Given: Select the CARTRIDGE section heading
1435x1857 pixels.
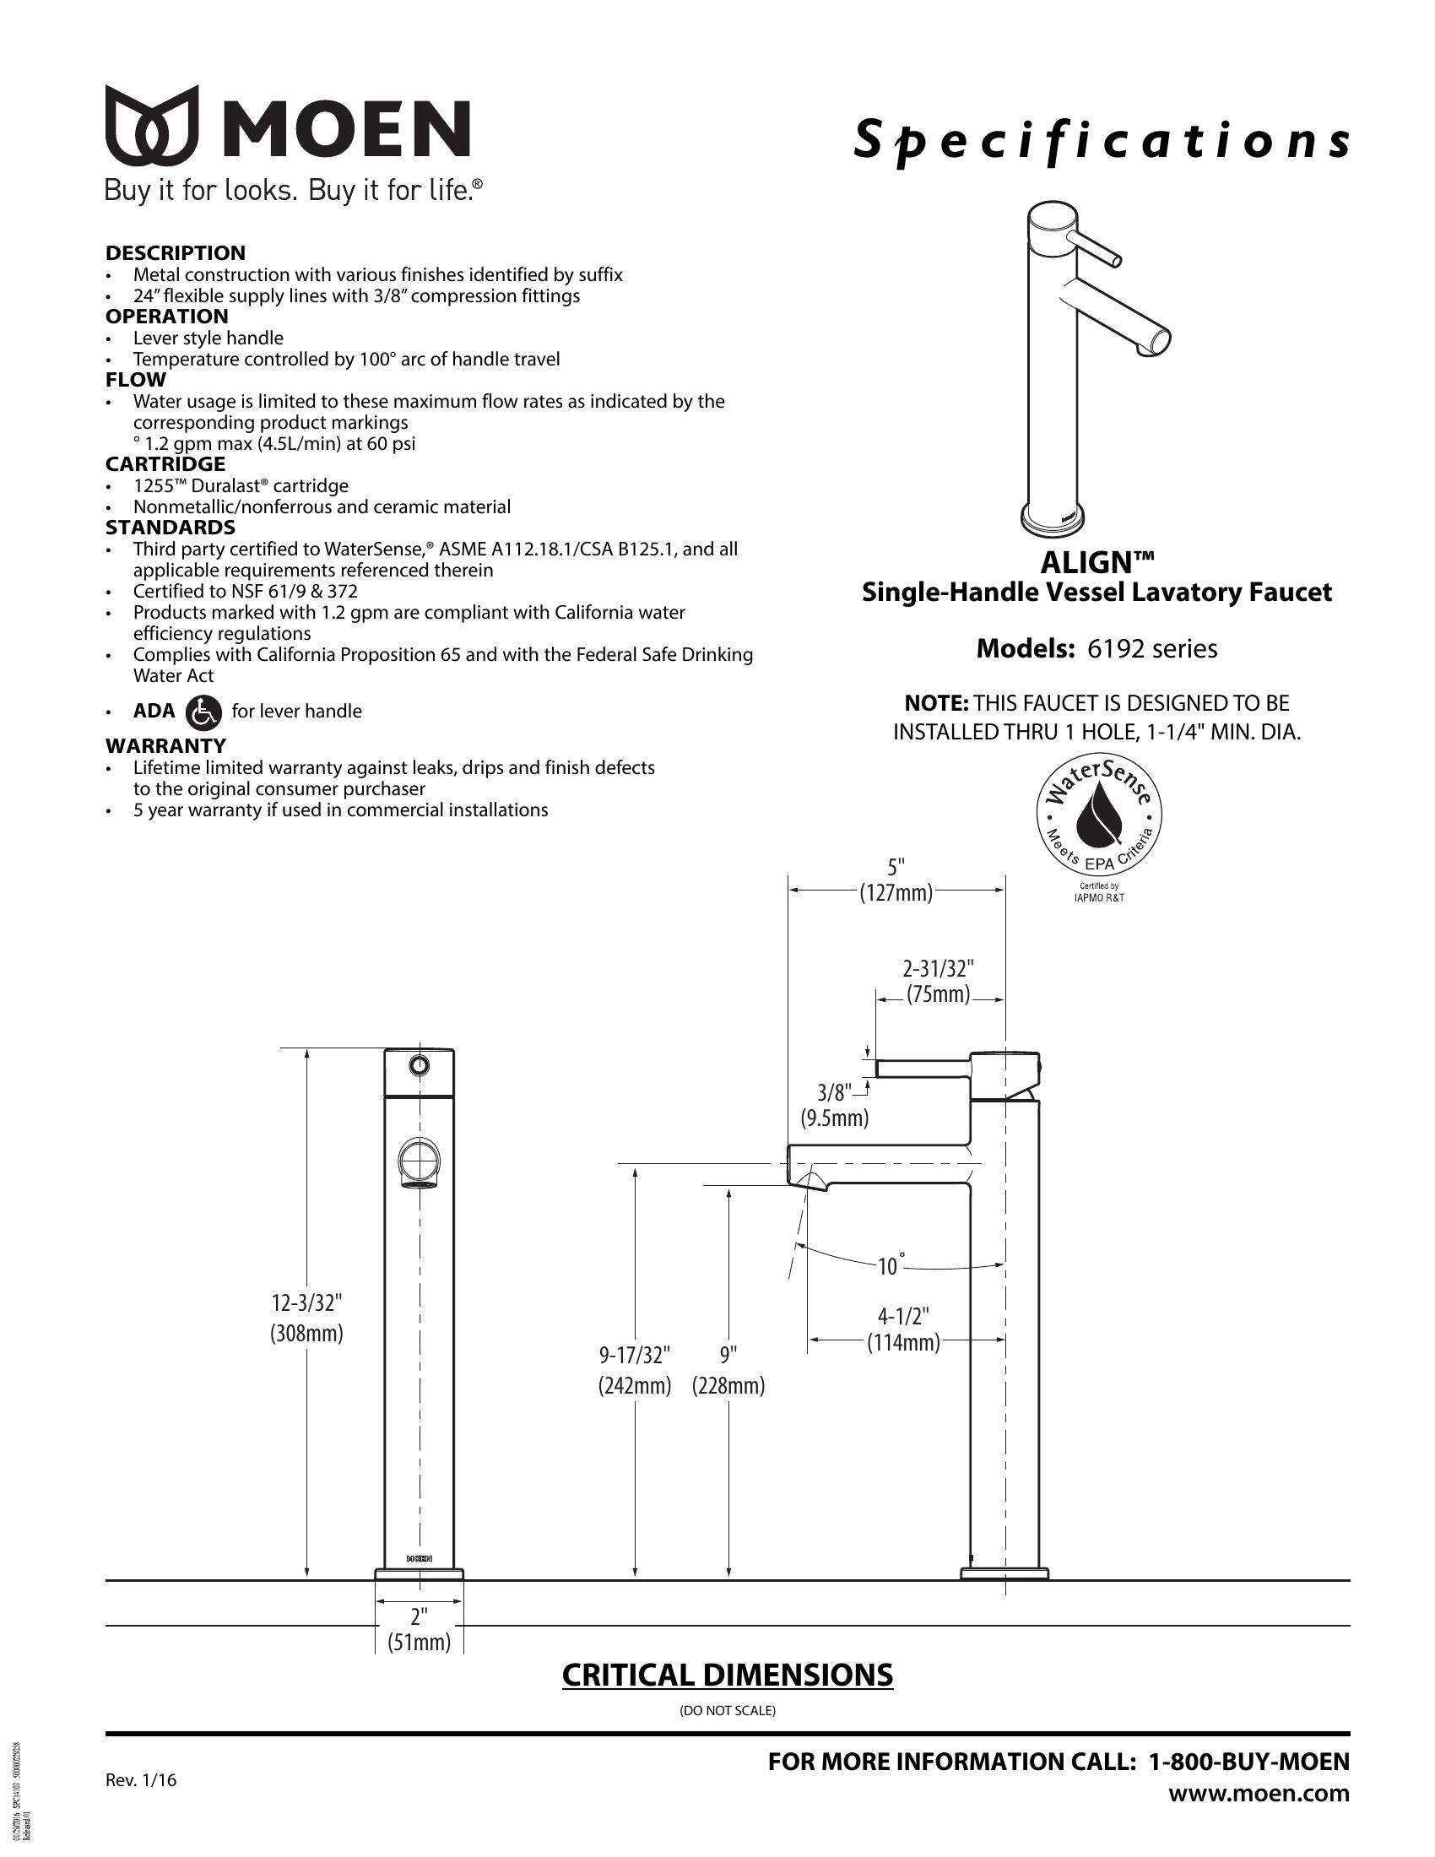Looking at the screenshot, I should click(165, 464).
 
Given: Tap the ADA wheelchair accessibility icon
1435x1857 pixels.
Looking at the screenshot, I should click(203, 712).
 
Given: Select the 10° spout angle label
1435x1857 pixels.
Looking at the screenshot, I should click(889, 1266).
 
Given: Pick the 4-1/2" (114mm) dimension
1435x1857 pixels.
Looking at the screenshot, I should click(903, 1329).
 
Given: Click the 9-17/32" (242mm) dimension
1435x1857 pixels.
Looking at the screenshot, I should click(634, 1370).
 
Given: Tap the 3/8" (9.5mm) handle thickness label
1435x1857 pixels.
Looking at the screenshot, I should click(834, 1105).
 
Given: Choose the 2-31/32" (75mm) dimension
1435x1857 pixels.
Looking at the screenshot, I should click(938, 981).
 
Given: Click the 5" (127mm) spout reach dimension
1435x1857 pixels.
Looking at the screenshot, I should click(896, 880).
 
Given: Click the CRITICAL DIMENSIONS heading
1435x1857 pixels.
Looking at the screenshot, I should click(727, 1675).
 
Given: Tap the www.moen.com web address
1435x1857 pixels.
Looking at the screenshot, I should click(1259, 1794).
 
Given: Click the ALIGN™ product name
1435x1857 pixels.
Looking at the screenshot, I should click(1097, 563).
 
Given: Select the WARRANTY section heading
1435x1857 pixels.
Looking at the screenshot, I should click(165, 745).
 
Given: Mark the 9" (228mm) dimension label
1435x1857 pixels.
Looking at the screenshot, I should click(728, 1370).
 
